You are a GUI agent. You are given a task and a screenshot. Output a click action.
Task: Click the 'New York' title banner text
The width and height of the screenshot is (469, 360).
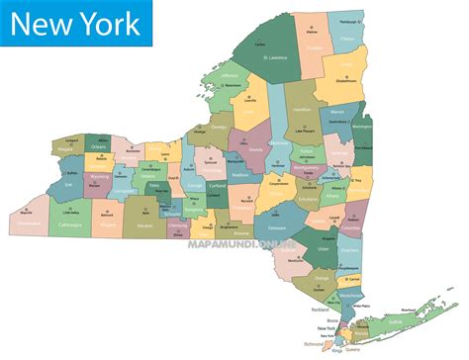[77, 22]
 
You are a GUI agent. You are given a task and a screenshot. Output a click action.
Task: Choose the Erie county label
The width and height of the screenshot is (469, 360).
[68, 184]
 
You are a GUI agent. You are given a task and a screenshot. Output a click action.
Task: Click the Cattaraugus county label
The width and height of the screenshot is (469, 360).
[69, 224]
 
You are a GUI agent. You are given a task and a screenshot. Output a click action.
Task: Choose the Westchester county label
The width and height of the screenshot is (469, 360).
[349, 294]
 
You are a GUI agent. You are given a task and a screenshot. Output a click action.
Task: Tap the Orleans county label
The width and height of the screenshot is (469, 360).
[98, 146]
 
